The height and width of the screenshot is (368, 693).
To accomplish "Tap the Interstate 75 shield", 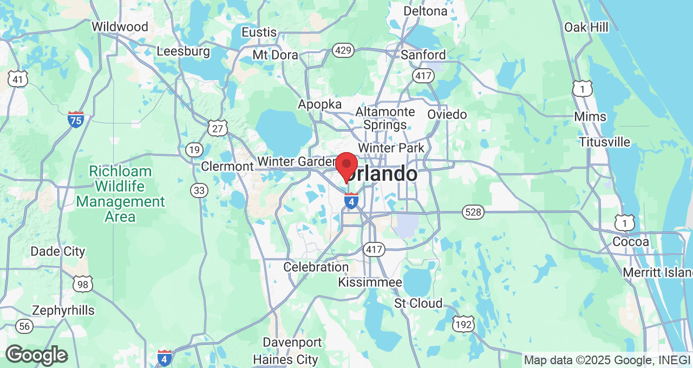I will (x=76, y=119).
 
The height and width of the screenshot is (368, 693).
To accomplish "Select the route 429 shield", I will (x=343, y=51).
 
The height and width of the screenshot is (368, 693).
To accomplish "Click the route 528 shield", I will (x=473, y=212).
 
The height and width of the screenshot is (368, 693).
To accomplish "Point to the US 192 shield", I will (x=464, y=324).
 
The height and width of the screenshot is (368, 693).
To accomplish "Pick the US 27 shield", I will (x=217, y=128).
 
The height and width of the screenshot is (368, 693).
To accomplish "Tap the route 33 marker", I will (x=199, y=190).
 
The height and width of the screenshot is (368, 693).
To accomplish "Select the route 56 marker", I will (x=24, y=326).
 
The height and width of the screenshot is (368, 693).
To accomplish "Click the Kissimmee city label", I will (x=370, y=282).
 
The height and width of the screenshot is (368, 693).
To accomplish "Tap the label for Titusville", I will (x=604, y=142).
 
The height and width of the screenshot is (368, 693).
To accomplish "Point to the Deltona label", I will (x=426, y=11).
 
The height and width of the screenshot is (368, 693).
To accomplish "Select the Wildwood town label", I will (x=120, y=27).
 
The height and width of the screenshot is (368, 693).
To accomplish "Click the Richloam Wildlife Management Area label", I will (x=120, y=194).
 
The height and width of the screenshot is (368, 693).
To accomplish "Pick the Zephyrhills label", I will (x=63, y=311).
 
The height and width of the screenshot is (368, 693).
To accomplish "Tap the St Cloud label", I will (x=418, y=303).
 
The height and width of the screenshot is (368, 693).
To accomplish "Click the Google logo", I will (x=36, y=355).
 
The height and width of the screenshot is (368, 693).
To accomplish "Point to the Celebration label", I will (x=316, y=267).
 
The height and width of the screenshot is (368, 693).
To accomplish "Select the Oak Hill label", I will (x=586, y=27).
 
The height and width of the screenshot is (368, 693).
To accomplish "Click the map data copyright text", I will (x=606, y=360).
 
